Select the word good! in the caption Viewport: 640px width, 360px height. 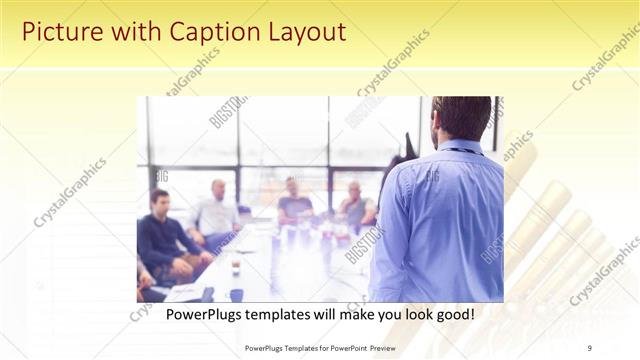tap(451, 314)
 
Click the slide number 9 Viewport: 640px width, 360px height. tap(590, 347)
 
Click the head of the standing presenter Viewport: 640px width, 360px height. tap(462, 117)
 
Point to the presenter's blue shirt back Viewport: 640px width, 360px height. tap(440, 220)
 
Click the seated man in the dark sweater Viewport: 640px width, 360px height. tap(163, 240)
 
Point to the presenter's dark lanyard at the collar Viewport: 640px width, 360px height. tap(458, 150)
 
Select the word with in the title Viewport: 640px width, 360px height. tap(128, 32)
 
